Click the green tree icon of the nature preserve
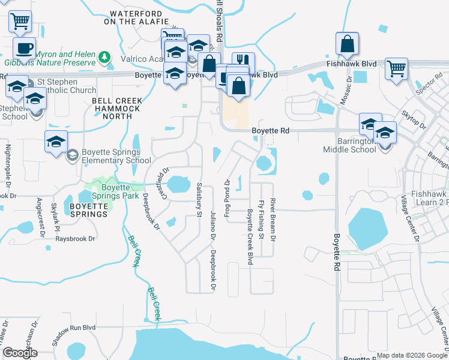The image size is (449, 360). coord(106,57)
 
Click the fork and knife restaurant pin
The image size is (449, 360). coord(243,62)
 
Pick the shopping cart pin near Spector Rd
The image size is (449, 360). coord(397,70)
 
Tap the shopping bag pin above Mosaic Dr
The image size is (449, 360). coord(348,44)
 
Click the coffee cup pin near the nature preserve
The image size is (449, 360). coord(24,48)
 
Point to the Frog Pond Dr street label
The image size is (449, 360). coord(228,199)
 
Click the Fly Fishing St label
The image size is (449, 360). coord(261,220)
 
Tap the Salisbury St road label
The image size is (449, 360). coord(199,196)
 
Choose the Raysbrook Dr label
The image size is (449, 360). coord(75,239)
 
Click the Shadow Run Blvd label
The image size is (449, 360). coord(73,335)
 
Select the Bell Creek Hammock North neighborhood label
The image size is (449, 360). coord(117,104)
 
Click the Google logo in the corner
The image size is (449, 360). coord(20,353)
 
